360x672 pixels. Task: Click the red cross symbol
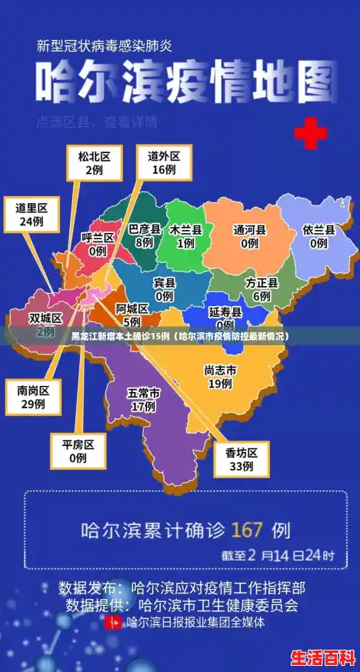pyautogui.click(x=311, y=134)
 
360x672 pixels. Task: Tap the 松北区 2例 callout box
pyautogui.click(x=94, y=162)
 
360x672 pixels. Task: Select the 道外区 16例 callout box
pyautogui.click(x=165, y=162)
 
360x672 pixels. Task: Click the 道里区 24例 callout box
pyautogui.click(x=32, y=215)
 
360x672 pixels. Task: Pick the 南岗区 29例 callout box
pyautogui.click(x=33, y=397)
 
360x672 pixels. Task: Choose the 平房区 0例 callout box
pyautogui.click(x=78, y=451)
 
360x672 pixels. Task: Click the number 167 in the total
pyautogui.click(x=247, y=530)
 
